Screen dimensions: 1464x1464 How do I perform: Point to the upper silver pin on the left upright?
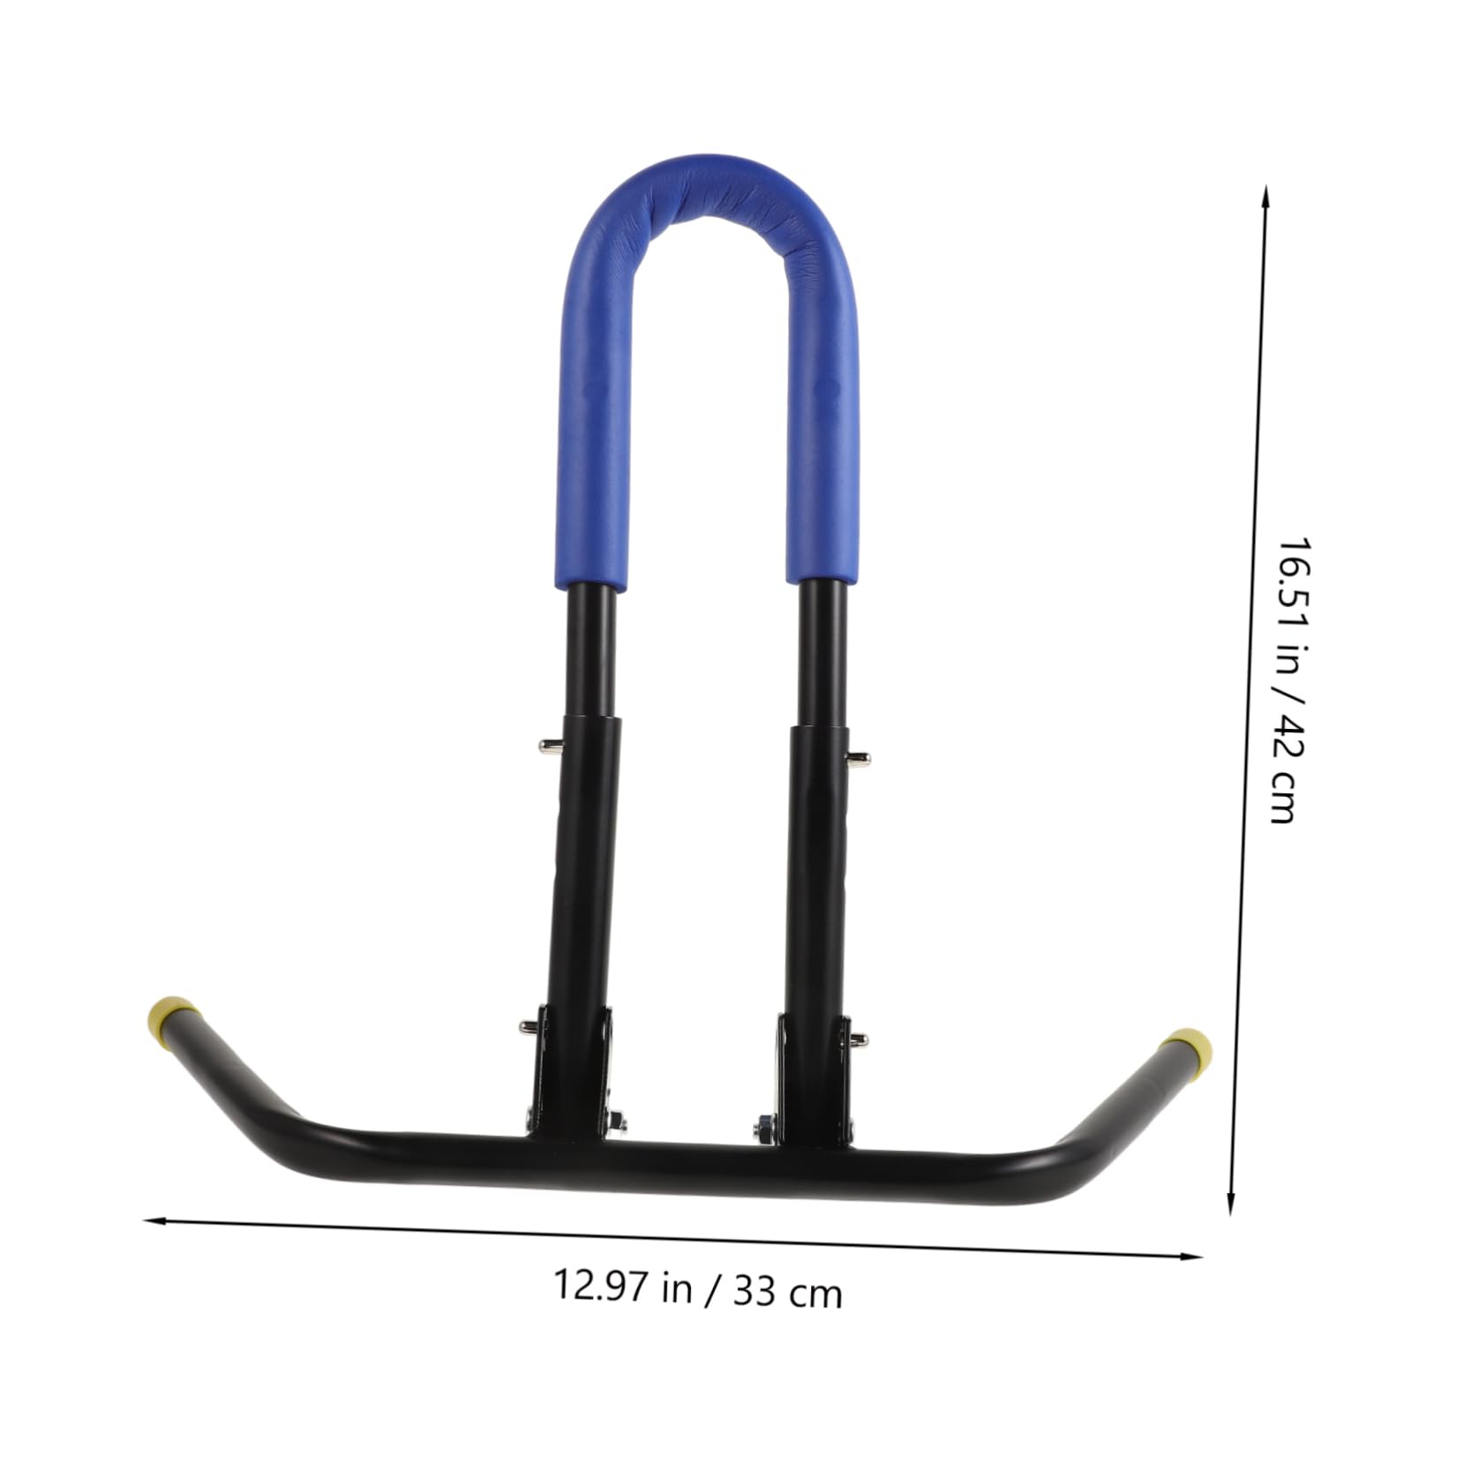[550, 746]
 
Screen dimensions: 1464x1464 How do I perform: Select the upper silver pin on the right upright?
[858, 758]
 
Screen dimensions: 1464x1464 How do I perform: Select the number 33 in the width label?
[754, 1292]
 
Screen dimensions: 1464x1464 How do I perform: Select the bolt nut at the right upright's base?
[762, 1129]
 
